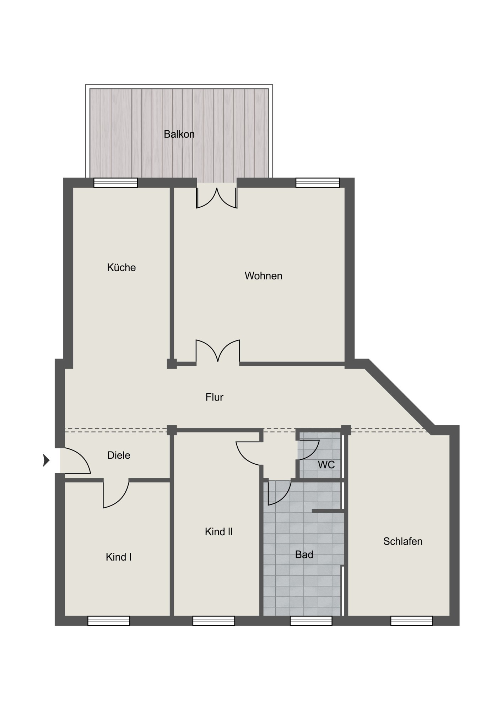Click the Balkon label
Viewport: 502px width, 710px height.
179,134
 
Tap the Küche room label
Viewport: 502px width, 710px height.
122,267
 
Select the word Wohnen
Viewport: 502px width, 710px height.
263,276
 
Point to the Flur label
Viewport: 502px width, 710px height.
214,397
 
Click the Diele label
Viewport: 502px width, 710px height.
119,455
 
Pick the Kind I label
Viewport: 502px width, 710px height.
119,557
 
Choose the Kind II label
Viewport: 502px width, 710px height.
218,531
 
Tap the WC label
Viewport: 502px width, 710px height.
326,465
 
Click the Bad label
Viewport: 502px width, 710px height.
304,555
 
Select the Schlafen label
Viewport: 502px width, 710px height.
403,541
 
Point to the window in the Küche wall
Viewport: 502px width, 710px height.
115,182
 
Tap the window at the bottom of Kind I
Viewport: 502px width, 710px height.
109,621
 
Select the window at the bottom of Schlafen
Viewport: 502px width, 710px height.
412,621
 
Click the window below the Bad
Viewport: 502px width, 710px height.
311,621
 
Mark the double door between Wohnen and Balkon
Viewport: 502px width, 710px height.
217,197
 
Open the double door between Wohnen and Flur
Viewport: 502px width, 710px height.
218,351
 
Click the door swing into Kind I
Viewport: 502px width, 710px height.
116,494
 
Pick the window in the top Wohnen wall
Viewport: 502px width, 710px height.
318,182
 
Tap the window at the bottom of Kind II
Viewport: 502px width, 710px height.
214,621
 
